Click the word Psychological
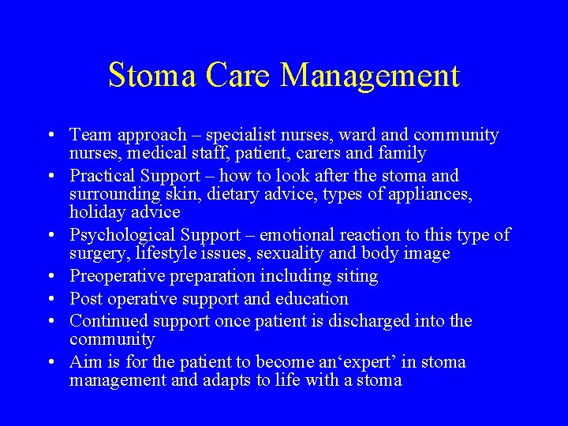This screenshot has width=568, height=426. point(121,235)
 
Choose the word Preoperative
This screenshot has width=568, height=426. point(116,276)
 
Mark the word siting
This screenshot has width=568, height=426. point(357,276)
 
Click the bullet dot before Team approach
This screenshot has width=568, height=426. point(50,136)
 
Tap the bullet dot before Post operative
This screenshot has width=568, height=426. point(50,299)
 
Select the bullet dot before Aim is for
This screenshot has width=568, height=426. point(50,362)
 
